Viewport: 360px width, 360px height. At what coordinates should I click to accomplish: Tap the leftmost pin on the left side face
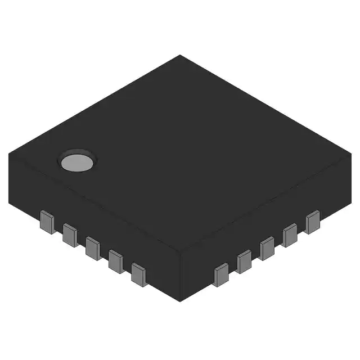tap(47, 222)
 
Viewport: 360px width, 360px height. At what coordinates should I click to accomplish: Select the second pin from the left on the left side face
tap(70, 235)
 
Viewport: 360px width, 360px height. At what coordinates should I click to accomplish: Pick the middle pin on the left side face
tap(93, 248)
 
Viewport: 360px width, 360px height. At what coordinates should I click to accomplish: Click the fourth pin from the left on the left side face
tap(116, 261)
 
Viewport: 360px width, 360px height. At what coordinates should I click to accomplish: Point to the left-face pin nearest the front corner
tap(139, 274)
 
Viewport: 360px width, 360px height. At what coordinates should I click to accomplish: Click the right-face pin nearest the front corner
tap(221, 274)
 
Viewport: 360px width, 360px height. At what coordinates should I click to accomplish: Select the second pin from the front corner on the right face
tap(244, 262)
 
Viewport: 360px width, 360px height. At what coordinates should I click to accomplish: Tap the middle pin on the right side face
tap(267, 248)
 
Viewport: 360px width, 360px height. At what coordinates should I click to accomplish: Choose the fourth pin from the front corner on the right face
tap(290, 235)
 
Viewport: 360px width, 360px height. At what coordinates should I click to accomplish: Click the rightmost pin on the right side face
tap(312, 222)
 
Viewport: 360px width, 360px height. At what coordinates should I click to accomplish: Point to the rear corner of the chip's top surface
tap(180, 55)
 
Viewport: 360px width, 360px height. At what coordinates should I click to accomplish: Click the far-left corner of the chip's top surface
tap(10, 153)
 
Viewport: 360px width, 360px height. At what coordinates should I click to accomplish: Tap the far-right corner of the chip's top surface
tap(351, 153)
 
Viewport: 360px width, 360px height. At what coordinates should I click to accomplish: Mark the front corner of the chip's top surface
tap(180, 251)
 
